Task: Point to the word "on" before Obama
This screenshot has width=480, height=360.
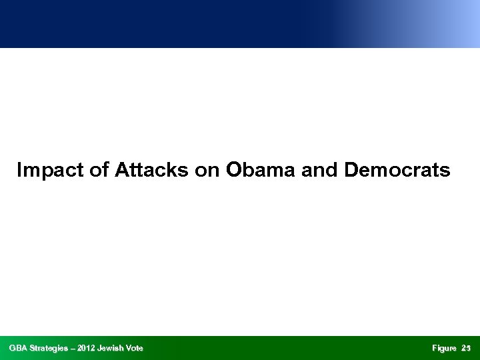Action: (207, 171)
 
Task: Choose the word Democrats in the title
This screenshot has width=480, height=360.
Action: (397, 171)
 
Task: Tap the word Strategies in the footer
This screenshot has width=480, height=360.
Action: (53, 348)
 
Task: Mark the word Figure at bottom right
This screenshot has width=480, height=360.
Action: (444, 348)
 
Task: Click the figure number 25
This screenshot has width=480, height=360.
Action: (466, 348)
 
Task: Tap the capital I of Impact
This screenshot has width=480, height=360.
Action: (19, 171)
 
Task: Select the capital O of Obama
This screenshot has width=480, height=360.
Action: (233, 171)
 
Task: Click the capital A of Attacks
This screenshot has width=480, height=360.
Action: (121, 171)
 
